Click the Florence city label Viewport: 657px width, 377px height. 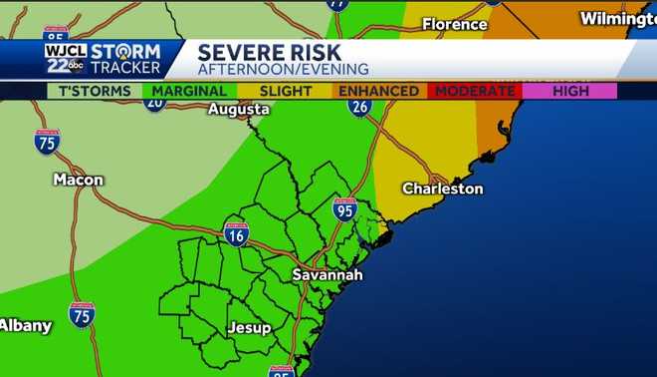click(455, 23)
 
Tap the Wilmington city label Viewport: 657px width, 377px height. click(612, 19)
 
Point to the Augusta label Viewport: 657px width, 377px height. click(239, 110)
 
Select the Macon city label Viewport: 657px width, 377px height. click(79, 180)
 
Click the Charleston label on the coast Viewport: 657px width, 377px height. click(442, 188)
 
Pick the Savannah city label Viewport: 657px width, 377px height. click(328, 274)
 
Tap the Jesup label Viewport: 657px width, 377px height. click(249, 327)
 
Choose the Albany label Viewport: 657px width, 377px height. click(25, 325)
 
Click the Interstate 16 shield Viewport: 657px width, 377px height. click(236, 234)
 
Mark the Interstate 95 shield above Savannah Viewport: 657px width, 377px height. click(344, 209)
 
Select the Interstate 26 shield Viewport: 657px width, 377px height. click(359, 106)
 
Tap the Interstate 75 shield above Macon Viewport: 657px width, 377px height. click(46, 142)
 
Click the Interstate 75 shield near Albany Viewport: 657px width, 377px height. click(82, 314)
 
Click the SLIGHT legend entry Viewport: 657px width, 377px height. click(286, 91)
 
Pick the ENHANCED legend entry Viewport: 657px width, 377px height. click(378, 91)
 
